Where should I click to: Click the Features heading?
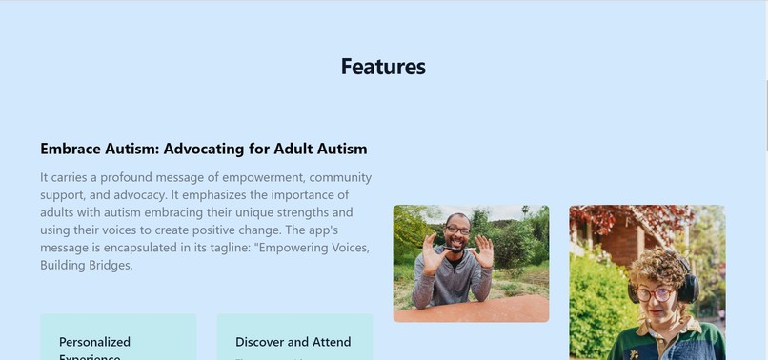(383, 67)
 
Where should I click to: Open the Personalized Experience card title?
(94, 342)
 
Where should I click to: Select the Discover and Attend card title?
(293, 342)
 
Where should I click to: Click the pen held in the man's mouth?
(456, 250)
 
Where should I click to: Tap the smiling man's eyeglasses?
(456, 230)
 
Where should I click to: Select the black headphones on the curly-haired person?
(687, 286)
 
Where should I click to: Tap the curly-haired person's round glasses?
(655, 294)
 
